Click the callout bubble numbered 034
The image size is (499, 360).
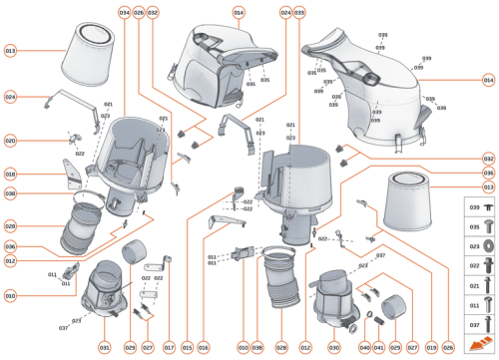(124, 12)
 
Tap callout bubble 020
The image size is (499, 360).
(10, 141)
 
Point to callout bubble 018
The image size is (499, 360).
(10, 174)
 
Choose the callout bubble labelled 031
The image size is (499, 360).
(104, 346)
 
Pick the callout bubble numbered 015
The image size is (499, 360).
(187, 346)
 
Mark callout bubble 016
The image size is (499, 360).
(204, 346)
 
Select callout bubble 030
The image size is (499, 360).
(334, 346)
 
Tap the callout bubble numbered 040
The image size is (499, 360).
(364, 346)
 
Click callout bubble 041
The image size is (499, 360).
(379, 346)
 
